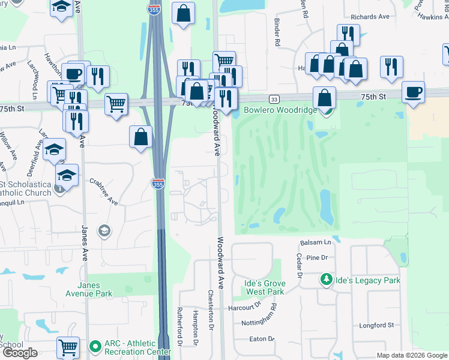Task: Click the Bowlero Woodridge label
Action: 280,111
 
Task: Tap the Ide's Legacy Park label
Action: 366,280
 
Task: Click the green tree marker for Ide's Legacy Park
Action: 326,280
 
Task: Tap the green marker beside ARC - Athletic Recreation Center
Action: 95,347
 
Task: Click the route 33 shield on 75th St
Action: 274,99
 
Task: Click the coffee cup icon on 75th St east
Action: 413,92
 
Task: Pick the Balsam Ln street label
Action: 315,242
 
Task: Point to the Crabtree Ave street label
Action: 103,191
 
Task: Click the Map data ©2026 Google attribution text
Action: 411,355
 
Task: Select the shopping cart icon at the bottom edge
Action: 68,347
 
